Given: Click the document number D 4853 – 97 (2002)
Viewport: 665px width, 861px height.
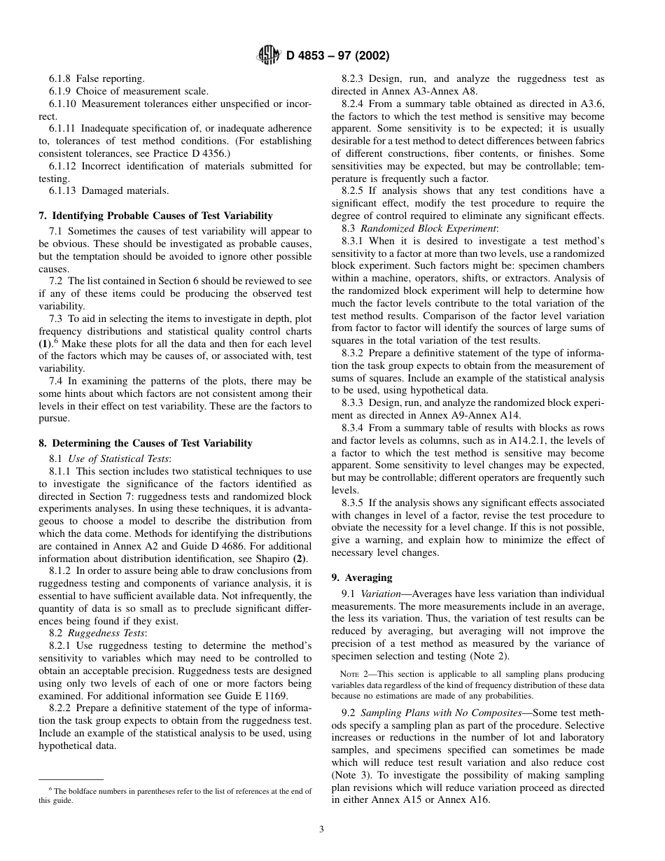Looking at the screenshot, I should (337, 55).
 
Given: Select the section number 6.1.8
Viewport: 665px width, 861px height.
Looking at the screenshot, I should (61, 79).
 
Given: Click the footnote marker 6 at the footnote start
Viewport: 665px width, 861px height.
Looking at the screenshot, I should (50, 789).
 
